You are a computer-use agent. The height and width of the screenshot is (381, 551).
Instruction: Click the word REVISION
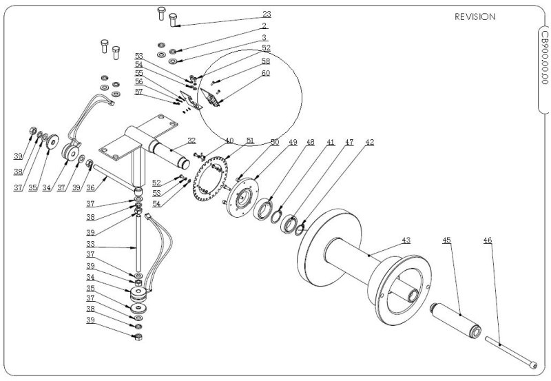pos(475,17)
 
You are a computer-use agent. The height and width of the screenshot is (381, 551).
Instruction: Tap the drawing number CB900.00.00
pos(544,58)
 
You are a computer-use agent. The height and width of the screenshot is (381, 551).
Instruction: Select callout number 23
pos(267,14)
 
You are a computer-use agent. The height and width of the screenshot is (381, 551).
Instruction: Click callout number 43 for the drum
pos(406,240)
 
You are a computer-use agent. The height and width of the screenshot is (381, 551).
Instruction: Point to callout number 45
pos(446,240)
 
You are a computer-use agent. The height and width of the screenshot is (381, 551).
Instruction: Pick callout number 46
pos(488,240)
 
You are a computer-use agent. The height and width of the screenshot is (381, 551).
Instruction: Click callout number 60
pos(266,73)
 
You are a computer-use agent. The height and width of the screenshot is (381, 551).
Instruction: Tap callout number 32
pos(191,141)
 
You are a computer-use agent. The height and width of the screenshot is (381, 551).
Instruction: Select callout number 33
pos(90,244)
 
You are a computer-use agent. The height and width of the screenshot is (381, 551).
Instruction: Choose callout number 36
pos(90,187)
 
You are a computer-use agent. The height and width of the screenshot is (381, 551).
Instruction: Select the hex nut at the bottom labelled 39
pos(138,337)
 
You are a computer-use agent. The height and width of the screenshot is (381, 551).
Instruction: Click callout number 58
pos(266,61)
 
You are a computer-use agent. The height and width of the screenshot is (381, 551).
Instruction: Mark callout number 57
pos(139,92)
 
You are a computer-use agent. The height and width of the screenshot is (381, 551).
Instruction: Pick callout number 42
pos(370,142)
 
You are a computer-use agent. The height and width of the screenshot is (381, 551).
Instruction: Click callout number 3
pos(264,37)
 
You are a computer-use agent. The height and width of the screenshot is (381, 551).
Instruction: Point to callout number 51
pos(250,141)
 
